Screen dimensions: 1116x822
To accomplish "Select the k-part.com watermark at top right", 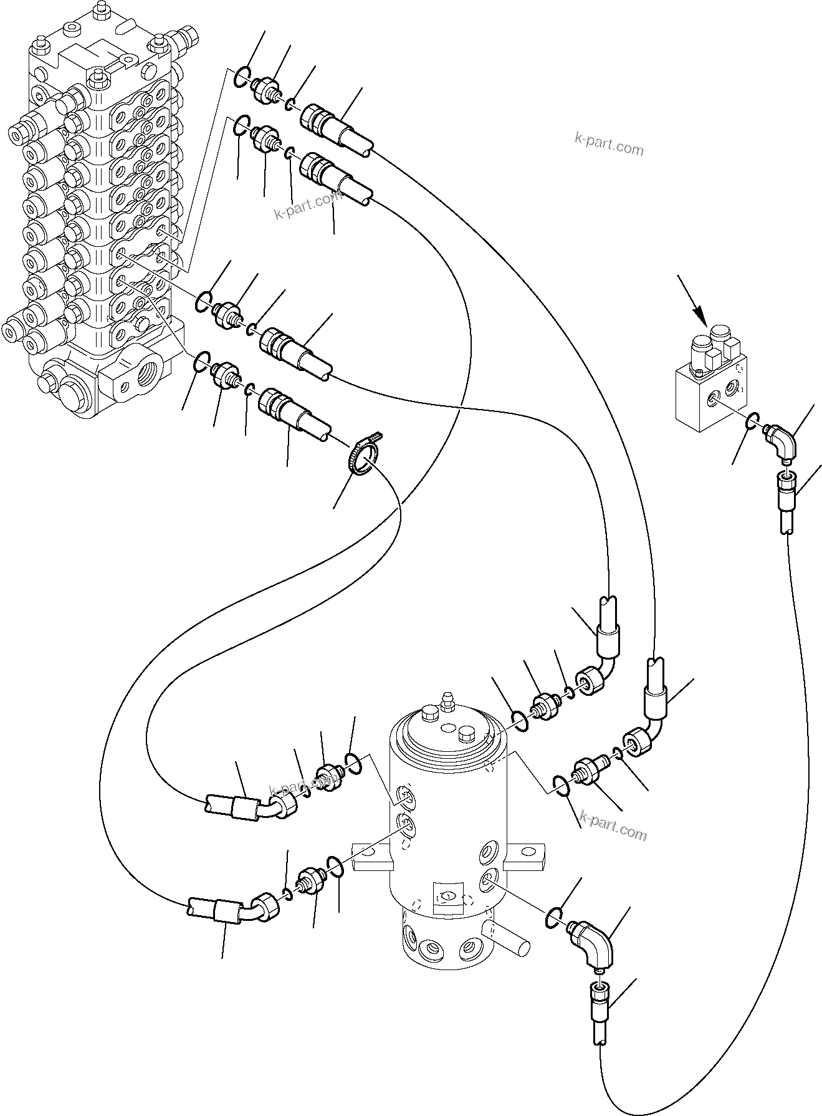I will pos(608,148).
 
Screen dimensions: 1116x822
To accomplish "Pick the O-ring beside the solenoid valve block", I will pos(752,423).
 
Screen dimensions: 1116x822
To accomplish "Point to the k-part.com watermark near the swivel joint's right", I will pos(613,832).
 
